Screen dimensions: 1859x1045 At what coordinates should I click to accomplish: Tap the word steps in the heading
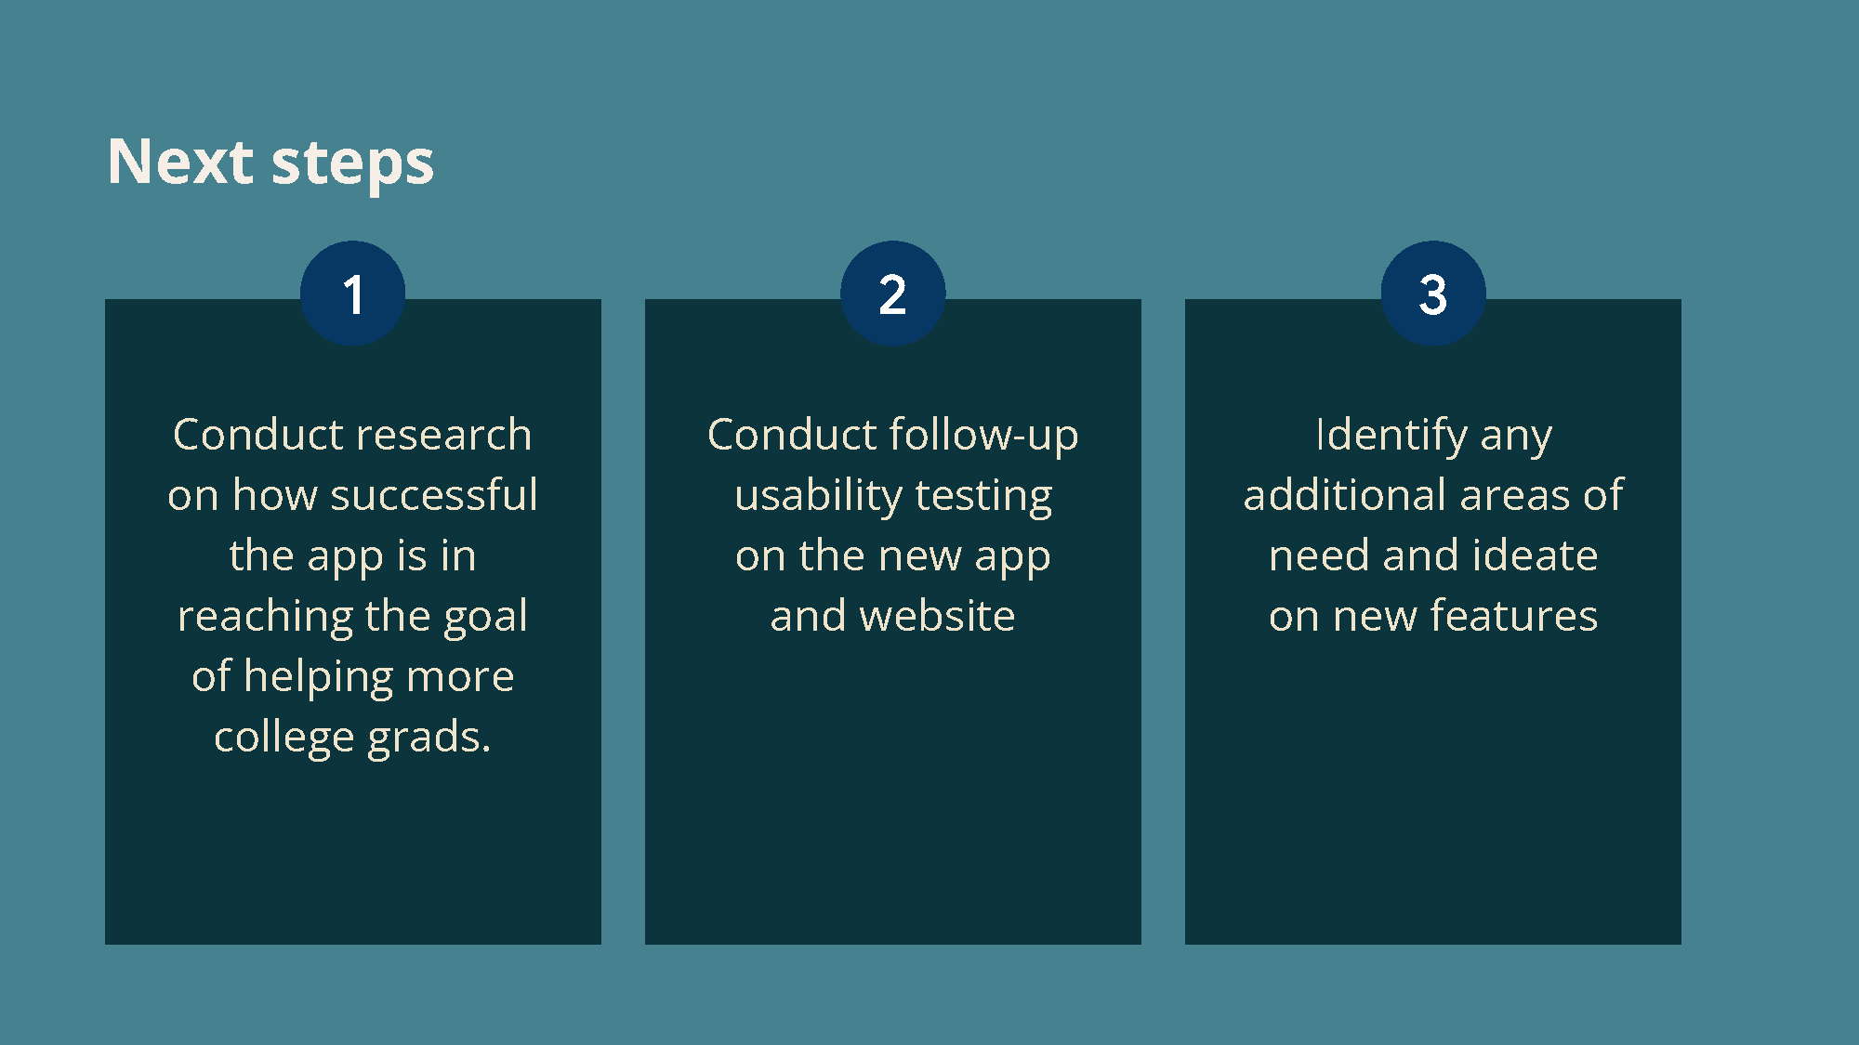[x=352, y=163]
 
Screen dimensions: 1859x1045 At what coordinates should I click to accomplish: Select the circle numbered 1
[x=353, y=294]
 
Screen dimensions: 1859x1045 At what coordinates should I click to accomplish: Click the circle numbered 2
[x=893, y=294]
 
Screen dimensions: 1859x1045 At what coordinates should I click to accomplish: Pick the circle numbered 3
[x=1433, y=294]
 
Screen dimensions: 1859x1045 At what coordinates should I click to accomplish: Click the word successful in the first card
[x=434, y=494]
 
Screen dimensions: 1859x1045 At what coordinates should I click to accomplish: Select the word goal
[x=486, y=617]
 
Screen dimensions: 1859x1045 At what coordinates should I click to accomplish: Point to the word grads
[x=429, y=738]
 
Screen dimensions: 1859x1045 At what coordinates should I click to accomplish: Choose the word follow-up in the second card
[x=984, y=436]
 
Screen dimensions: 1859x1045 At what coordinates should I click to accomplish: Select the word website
[x=937, y=616]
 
